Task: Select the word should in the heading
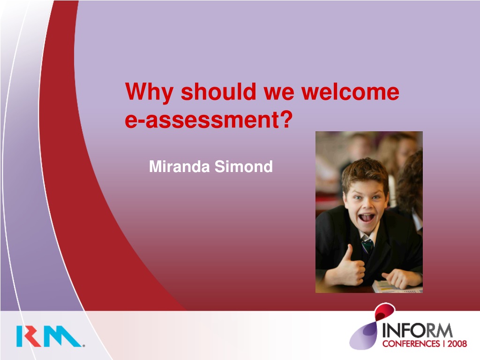click(x=218, y=91)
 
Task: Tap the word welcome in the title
click(x=350, y=91)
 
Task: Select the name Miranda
click(x=180, y=166)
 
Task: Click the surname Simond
click(x=243, y=166)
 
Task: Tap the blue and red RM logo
click(x=50, y=336)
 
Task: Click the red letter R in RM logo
click(x=32, y=336)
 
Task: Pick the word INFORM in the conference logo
click(x=418, y=330)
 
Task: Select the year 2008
click(x=457, y=344)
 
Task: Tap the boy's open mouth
click(x=367, y=217)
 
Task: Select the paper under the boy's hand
click(x=397, y=287)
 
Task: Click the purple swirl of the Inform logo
click(x=363, y=337)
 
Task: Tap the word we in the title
click(x=279, y=92)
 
